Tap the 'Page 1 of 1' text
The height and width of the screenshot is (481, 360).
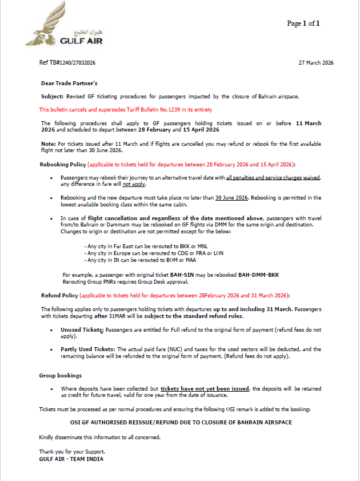click(x=303, y=23)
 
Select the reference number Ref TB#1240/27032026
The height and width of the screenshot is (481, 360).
click(x=67, y=62)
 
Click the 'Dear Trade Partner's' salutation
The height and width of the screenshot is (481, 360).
click(x=69, y=84)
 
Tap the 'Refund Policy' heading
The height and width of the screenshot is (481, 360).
click(x=59, y=295)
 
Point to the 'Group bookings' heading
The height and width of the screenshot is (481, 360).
click(x=61, y=376)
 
